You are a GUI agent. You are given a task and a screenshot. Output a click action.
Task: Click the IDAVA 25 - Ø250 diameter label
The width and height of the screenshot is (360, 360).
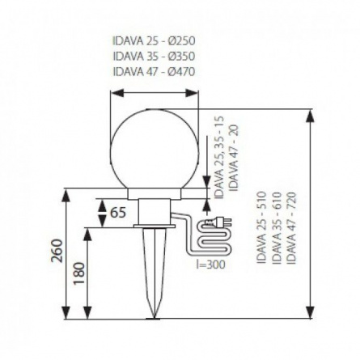coord(154,41)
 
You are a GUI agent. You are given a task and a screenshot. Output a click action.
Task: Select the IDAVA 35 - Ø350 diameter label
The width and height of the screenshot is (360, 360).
coord(154,57)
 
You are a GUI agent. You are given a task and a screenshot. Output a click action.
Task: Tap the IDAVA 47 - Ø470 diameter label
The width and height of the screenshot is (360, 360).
coord(154,72)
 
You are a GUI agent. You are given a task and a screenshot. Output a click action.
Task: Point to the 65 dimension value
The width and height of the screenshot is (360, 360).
coord(118,213)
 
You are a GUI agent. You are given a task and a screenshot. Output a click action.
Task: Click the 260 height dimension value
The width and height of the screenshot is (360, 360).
coord(57,251)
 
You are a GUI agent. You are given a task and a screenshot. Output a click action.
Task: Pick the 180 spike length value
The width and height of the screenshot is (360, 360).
coord(79,273)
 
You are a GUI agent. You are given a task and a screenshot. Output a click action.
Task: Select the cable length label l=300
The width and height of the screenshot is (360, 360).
coord(210,265)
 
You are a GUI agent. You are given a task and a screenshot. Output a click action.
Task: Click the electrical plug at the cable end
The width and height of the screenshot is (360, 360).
coord(218,222)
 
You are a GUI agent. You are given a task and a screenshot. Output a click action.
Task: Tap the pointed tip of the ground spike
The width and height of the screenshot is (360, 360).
coord(155,318)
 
